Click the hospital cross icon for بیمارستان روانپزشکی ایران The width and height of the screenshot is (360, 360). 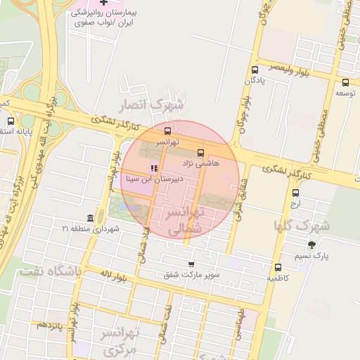tap(104, 4)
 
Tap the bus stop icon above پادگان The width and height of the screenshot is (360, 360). tap(255, 70)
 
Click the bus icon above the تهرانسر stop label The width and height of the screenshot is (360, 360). tap(167, 131)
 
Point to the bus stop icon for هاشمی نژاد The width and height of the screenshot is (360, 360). tap(201, 152)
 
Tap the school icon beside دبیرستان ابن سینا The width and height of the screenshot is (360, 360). tap(153, 168)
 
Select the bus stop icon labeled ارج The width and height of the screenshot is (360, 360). tap(295, 193)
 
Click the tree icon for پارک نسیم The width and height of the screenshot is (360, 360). tap(311, 245)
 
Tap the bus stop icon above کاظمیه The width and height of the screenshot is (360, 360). tap(278, 267)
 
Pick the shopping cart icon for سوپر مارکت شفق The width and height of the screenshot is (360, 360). tap(191, 264)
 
